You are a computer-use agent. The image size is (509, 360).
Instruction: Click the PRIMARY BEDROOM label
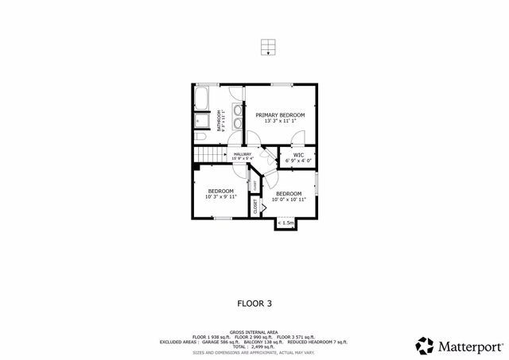[280, 115]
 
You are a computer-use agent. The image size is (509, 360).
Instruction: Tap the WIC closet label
[299, 155]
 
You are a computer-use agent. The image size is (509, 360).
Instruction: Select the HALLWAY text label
[243, 154]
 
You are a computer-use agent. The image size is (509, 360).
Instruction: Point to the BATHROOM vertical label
[220, 119]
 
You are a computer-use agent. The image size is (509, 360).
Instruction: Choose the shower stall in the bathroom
[200, 121]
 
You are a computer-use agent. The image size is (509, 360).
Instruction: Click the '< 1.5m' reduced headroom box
[286, 223]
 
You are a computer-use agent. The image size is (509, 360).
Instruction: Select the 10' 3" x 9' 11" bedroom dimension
[221, 196]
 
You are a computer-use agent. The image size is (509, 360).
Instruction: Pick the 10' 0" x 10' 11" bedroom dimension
[288, 199]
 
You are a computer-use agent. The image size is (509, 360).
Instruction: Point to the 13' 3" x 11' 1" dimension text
[280, 121]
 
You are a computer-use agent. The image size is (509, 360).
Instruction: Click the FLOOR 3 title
[254, 303]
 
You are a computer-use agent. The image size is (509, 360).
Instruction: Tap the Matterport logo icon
[425, 346]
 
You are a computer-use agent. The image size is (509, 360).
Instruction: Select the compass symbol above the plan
[270, 48]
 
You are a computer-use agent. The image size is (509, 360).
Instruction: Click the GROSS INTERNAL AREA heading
[254, 331]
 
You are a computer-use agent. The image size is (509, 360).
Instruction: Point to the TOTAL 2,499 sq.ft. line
[254, 347]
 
